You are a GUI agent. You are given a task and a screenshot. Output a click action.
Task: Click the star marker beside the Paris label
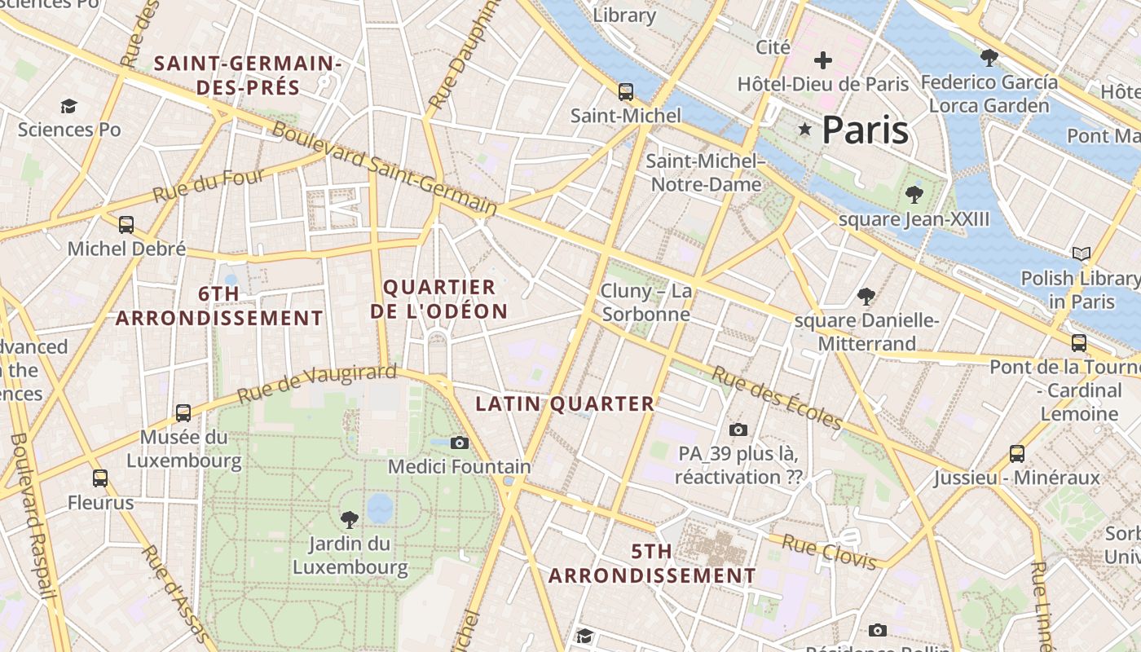tap(805, 130)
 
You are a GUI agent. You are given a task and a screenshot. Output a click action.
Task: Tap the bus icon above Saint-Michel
tap(626, 91)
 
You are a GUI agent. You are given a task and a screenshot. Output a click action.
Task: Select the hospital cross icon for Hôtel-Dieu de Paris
tap(823, 59)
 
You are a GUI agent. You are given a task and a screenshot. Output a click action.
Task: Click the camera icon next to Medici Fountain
tap(460, 443)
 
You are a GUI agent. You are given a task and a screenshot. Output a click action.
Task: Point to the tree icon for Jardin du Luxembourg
tap(350, 518)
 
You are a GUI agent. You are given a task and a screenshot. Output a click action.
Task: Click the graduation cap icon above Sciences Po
tap(68, 106)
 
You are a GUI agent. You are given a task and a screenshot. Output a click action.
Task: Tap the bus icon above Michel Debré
tap(126, 225)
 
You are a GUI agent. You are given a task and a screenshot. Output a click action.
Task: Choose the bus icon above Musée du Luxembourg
tap(183, 413)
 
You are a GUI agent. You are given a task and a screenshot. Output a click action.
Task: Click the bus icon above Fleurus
tap(100, 478)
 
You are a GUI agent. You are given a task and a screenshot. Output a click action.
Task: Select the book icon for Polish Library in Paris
tap(1082, 254)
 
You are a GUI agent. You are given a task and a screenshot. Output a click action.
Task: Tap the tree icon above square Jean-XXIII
tap(914, 194)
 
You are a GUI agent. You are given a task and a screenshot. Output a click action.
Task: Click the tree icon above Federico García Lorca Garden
tap(989, 57)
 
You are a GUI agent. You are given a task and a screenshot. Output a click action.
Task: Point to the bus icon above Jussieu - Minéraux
tap(1017, 454)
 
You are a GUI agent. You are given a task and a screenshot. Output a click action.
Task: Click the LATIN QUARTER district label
tap(565, 403)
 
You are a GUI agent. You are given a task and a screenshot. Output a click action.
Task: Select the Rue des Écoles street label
tap(777, 398)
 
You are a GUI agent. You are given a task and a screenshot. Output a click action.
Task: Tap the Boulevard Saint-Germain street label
tap(384, 169)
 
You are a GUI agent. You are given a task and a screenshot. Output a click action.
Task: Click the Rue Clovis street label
tap(829, 553)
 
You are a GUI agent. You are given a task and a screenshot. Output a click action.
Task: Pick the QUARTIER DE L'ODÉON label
tap(439, 299)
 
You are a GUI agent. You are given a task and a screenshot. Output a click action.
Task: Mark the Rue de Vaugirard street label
tap(317, 384)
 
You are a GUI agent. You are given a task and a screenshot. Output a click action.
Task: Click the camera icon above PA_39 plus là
tap(738, 430)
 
